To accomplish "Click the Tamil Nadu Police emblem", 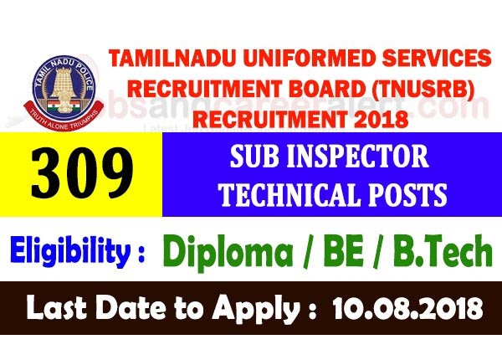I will (x=58, y=80).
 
